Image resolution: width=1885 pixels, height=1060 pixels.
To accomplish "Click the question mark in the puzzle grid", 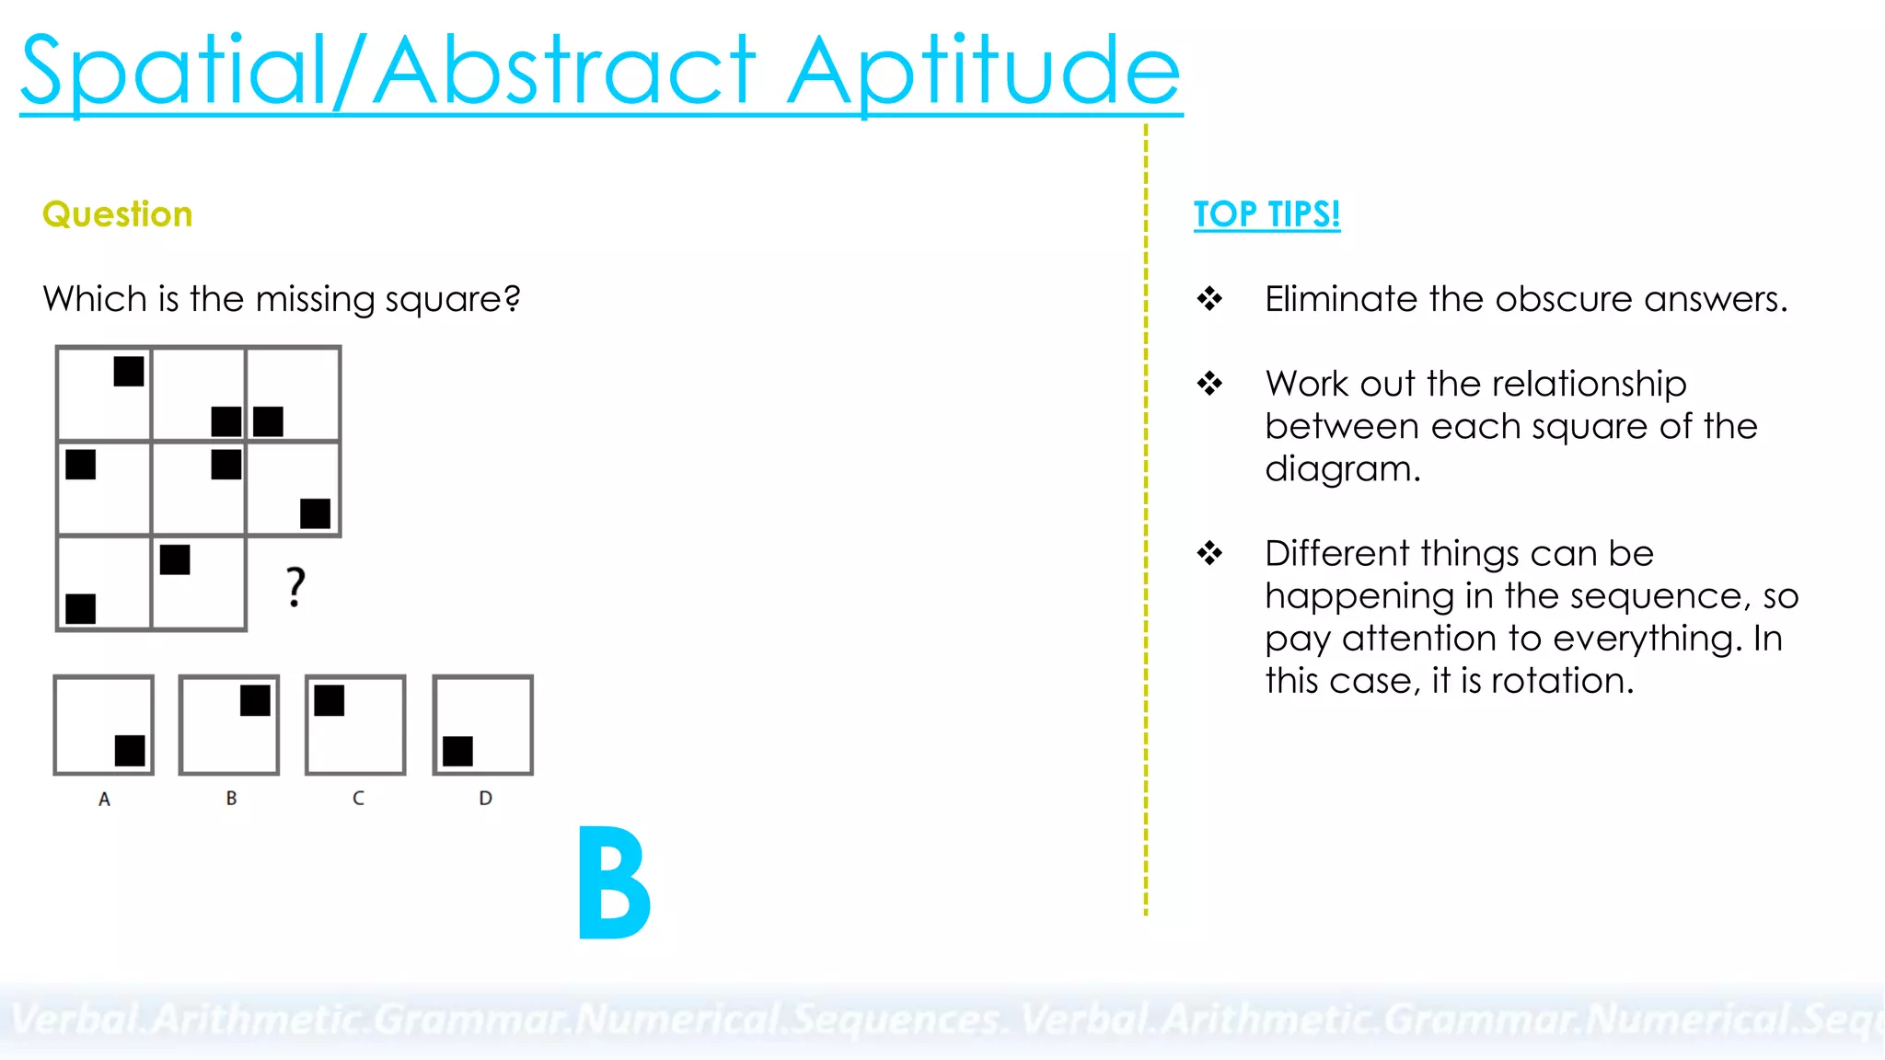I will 295,587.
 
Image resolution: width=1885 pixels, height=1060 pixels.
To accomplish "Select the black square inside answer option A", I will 130,751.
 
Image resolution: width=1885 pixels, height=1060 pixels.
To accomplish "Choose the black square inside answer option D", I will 457,751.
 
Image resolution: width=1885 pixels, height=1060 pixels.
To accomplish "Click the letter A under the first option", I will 104,800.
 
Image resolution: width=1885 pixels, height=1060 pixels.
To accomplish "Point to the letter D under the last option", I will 485,799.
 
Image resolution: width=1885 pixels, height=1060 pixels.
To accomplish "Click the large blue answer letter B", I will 614,883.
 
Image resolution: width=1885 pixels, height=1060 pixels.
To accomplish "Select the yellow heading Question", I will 118,214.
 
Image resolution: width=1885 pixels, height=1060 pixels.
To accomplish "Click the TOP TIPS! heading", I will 1266,214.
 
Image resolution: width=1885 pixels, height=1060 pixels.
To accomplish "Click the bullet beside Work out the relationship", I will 1209,383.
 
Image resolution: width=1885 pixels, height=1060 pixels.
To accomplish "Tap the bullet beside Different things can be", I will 1209,553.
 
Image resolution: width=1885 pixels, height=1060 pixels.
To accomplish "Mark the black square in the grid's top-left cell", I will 129,372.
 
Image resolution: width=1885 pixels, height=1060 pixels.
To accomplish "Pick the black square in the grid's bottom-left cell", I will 81,608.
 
